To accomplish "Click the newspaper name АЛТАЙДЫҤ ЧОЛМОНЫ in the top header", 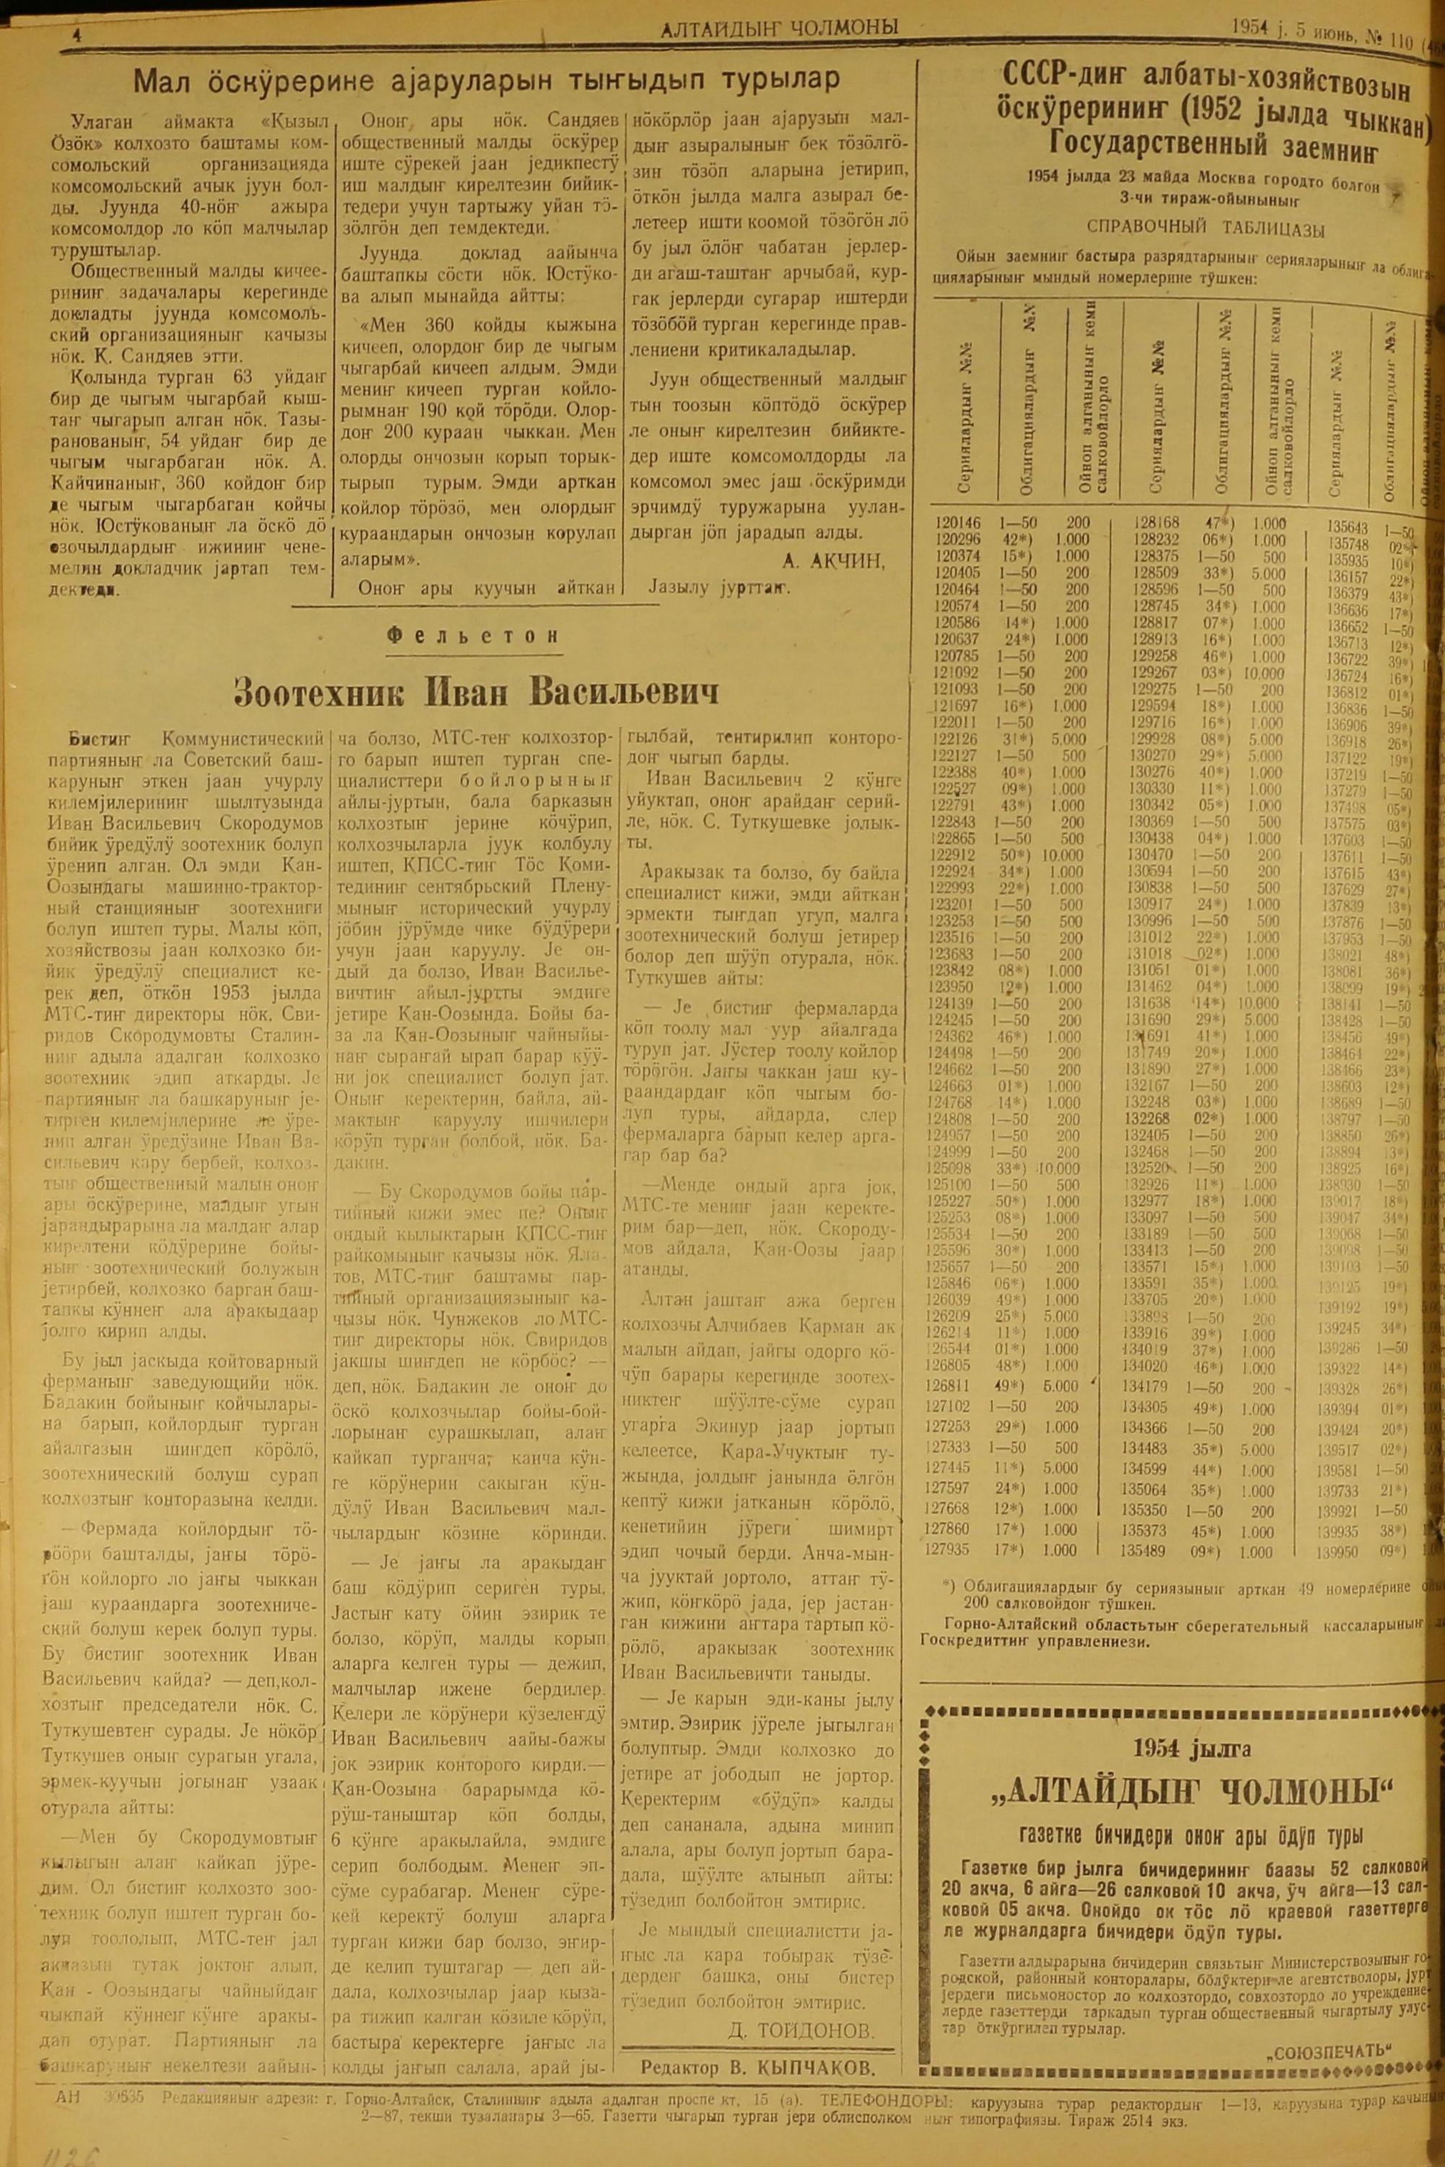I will [x=780, y=29].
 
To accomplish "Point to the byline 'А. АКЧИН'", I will [x=833, y=561].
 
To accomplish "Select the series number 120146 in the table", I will [x=959, y=522].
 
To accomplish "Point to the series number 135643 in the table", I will [x=1349, y=528].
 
